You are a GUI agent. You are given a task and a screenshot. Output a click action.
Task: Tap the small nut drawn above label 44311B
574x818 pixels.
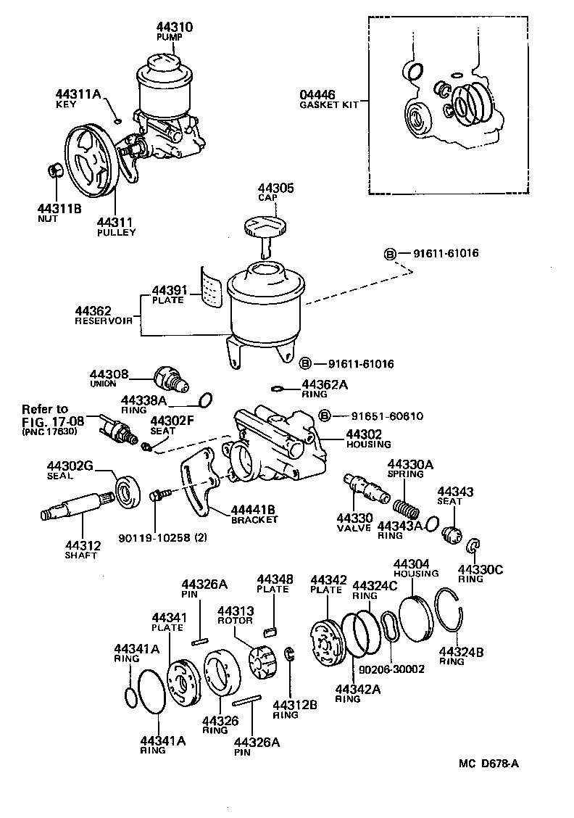pos(52,171)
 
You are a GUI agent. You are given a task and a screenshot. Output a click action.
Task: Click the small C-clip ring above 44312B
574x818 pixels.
pos(289,654)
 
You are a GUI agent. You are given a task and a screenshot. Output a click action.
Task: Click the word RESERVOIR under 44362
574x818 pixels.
pos(103,320)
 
